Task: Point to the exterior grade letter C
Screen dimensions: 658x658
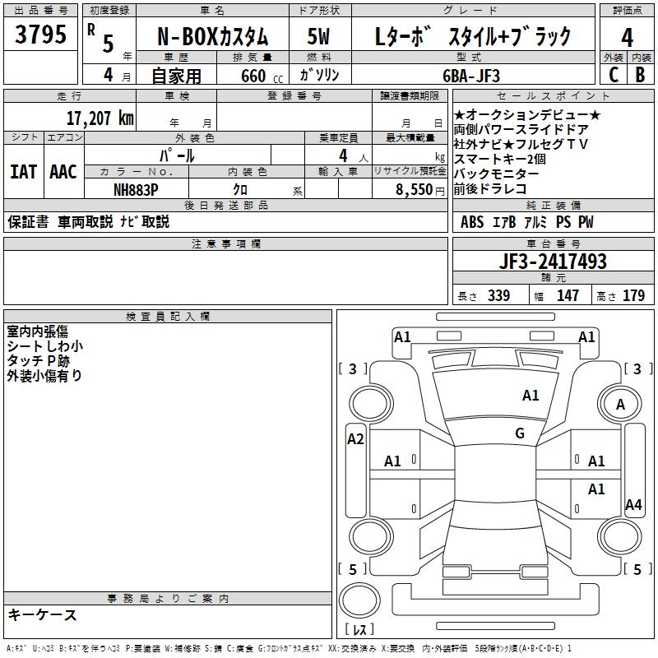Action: point(613,74)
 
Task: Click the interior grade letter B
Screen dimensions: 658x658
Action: point(640,74)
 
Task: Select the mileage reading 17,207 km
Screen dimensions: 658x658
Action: point(100,118)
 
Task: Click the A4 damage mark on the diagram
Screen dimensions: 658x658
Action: point(633,504)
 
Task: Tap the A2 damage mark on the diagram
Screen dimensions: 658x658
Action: point(355,438)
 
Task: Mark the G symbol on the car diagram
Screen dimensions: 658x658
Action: point(520,433)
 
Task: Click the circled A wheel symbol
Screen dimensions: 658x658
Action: point(620,404)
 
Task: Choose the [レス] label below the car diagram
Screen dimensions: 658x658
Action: point(359,630)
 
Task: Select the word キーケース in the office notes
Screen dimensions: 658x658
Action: point(42,614)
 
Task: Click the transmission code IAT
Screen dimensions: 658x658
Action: point(23,171)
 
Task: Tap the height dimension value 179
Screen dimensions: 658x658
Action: point(633,296)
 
